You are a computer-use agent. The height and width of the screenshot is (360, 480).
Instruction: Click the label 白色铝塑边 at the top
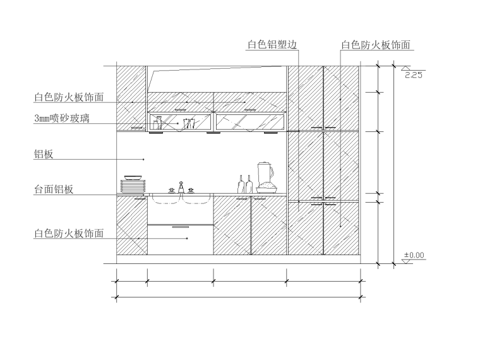272,44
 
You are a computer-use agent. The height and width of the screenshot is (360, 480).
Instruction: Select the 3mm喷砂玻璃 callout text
61,118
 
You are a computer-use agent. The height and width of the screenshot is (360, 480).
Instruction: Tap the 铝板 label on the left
44,153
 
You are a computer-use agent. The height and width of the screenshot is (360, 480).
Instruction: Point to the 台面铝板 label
54,189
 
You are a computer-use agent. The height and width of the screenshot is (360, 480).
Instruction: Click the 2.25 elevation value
413,75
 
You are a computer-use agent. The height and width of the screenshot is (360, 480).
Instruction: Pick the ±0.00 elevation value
414,255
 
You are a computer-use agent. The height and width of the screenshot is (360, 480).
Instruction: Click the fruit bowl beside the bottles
267,188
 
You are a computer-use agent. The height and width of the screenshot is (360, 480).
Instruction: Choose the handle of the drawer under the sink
180,225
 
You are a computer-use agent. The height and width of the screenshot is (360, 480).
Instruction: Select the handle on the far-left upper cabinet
135,128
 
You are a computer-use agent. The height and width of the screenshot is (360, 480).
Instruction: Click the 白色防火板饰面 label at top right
376,45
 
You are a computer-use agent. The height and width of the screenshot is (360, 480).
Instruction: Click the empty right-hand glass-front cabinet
250,122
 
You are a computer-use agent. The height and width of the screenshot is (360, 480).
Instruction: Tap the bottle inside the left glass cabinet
159,123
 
